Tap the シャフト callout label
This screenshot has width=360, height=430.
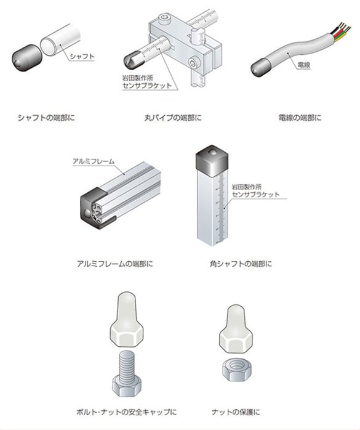pos(82,57)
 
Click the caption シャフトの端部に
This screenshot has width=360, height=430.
pos(46,118)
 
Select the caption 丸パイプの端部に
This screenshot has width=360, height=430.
pos(173,118)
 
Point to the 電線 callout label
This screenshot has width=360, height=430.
pos(303,65)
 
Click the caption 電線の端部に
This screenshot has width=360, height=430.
pos(300,118)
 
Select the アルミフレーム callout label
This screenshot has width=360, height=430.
pos(94,161)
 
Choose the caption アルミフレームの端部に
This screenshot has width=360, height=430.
pos(115,264)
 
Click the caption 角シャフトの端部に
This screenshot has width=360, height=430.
pos(241,264)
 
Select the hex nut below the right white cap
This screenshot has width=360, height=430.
pos(238,370)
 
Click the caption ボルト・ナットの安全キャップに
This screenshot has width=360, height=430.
pos(127,412)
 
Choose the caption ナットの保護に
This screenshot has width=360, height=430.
pos(236,412)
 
